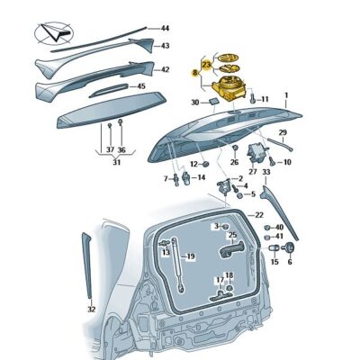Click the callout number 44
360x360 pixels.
165,28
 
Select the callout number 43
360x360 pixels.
165,45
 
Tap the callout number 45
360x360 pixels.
140,85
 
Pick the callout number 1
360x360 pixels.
286,94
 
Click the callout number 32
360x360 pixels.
91,309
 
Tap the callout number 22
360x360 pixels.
259,214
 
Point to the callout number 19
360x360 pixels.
190,256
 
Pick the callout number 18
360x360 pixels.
229,275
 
